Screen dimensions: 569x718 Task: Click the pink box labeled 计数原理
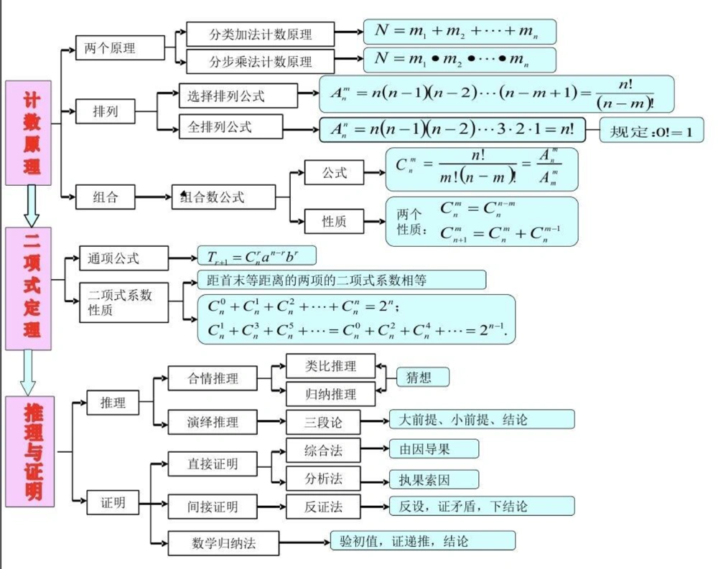tap(28, 133)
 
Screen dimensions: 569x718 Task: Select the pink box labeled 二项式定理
tap(28, 288)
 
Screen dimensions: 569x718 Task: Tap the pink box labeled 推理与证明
tap(28, 451)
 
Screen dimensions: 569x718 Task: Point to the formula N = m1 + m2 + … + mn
tap(460, 32)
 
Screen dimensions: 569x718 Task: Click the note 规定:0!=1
tap(651, 131)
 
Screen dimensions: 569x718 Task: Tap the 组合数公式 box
tap(223, 197)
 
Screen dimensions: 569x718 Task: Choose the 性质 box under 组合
tap(334, 222)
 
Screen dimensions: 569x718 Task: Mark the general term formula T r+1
tap(256, 255)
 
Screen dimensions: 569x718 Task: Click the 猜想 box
tap(422, 377)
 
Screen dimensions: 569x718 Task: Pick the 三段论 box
tap(322, 421)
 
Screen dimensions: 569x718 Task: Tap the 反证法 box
tap(322, 507)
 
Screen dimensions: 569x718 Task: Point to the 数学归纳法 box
tap(223, 543)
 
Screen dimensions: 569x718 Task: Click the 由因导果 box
tap(433, 449)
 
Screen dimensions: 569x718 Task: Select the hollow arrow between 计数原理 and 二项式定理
tap(31, 206)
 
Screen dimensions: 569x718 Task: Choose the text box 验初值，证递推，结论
tap(422, 540)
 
